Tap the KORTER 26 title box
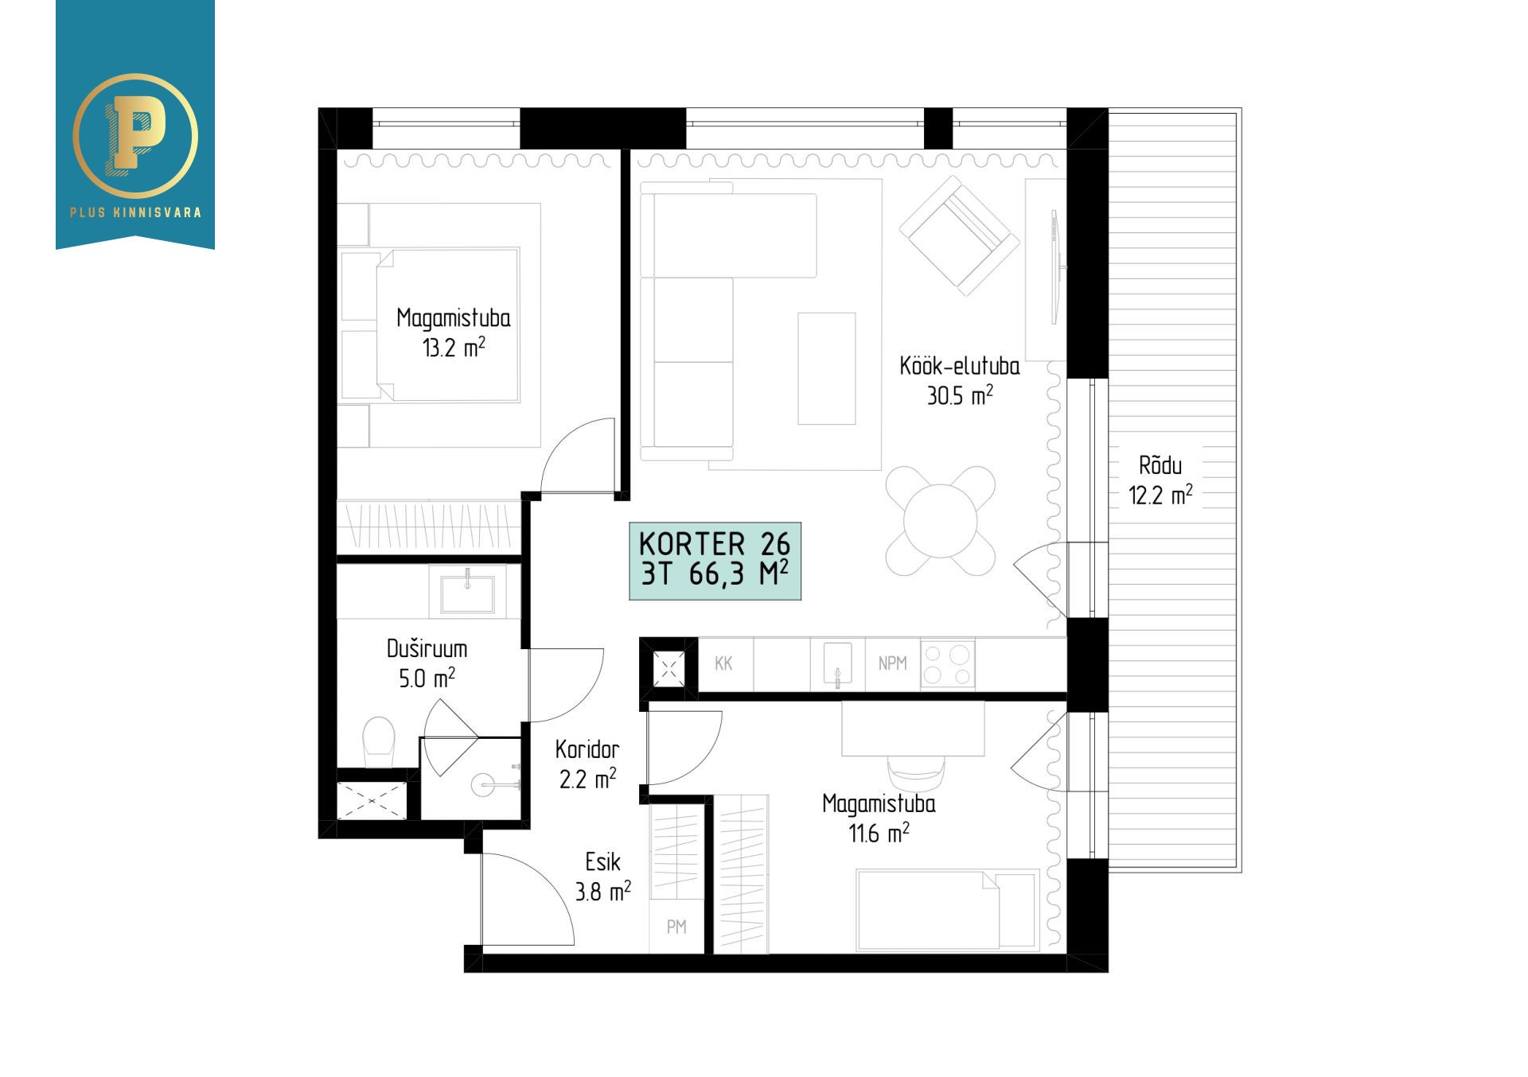click(715, 561)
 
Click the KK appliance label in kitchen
click(723, 663)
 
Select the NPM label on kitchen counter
click(892, 663)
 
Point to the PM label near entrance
click(676, 927)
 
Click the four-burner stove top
click(948, 664)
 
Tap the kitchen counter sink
click(837, 664)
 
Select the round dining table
click(941, 522)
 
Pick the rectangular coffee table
click(827, 368)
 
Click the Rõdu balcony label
click(1160, 465)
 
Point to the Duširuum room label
click(427, 649)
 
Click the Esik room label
click(602, 861)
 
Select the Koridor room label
click(587, 749)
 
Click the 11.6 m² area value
click(879, 834)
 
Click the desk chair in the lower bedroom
click(916, 772)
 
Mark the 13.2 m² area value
click(454, 348)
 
